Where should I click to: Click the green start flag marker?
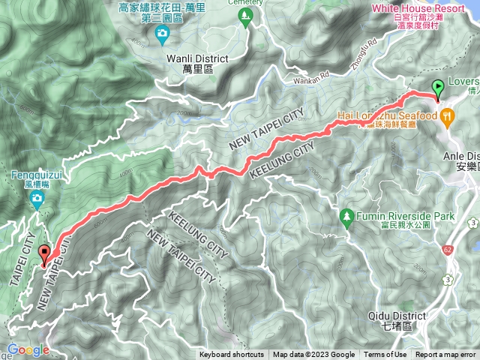point(438,89)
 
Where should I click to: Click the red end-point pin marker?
point(44,256)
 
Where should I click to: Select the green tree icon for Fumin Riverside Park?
point(346,217)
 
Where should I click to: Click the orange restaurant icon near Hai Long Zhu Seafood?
point(448,115)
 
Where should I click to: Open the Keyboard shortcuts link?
point(232,355)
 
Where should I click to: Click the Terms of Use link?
point(385,355)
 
